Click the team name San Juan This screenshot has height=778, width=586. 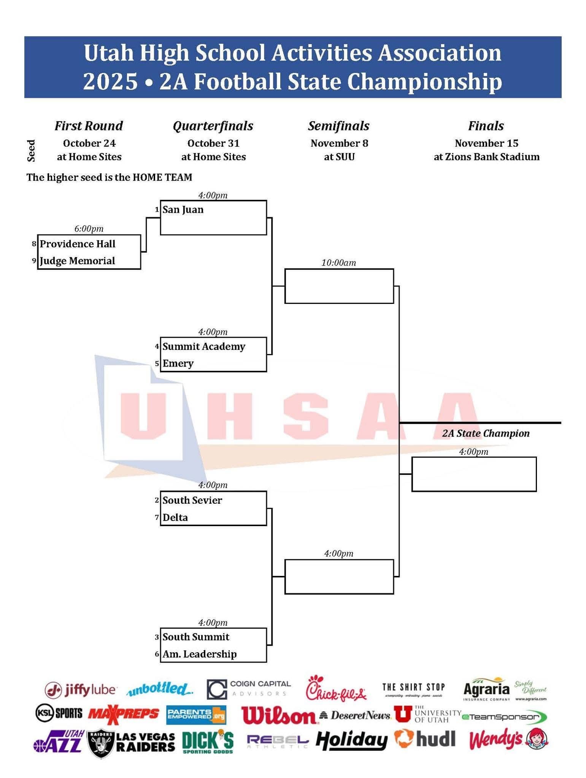click(183, 210)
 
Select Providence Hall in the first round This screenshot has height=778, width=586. click(78, 244)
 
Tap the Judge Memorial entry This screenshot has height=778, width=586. click(77, 261)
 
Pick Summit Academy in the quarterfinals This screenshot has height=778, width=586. click(204, 346)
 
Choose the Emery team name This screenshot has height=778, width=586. click(178, 364)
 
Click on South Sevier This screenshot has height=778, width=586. click(192, 500)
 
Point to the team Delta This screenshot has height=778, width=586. click(175, 517)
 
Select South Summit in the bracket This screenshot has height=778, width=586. click(196, 637)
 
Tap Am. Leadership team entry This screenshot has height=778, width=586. click(200, 654)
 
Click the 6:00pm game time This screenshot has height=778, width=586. click(89, 229)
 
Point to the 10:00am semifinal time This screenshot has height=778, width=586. click(338, 263)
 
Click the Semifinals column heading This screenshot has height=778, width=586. click(338, 126)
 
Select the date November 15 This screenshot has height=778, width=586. click(486, 143)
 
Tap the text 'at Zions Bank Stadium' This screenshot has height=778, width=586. click(486, 157)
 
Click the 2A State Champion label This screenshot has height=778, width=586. click(486, 433)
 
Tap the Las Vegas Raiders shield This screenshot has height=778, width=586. click(100, 743)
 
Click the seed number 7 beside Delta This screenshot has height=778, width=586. click(157, 517)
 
